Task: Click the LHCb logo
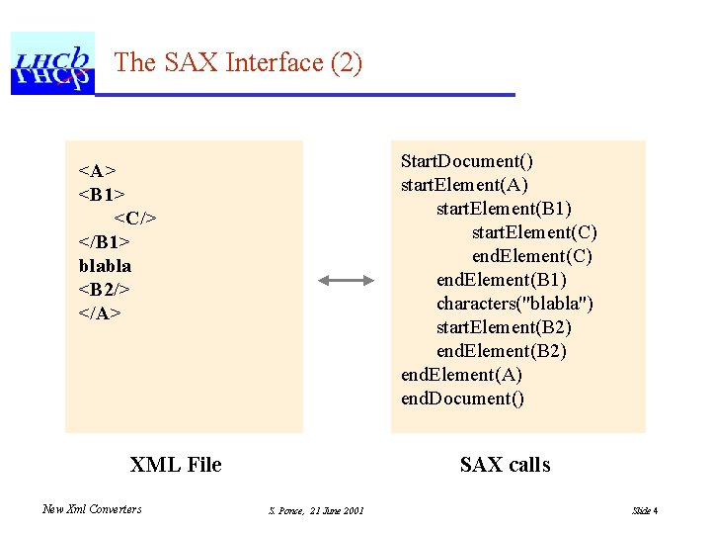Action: tap(51, 63)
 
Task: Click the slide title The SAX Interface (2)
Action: tap(238, 63)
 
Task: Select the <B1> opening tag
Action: tap(101, 195)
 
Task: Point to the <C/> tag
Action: tap(134, 219)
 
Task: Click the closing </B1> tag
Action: tap(105, 242)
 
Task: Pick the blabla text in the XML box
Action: tap(105, 266)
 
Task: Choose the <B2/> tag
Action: tap(105, 290)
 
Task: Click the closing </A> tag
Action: tap(100, 313)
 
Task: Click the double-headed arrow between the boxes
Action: tap(347, 281)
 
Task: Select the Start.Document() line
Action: tap(467, 161)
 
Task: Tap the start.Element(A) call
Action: tap(465, 185)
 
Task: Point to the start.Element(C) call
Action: tap(534, 232)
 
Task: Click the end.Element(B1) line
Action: tap(502, 280)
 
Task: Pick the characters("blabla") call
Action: tap(515, 304)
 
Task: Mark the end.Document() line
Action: tap(462, 399)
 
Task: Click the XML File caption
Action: tap(176, 465)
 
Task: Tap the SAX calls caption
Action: tap(505, 465)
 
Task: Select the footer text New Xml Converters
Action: tap(92, 509)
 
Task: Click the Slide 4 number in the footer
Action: tap(645, 510)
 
